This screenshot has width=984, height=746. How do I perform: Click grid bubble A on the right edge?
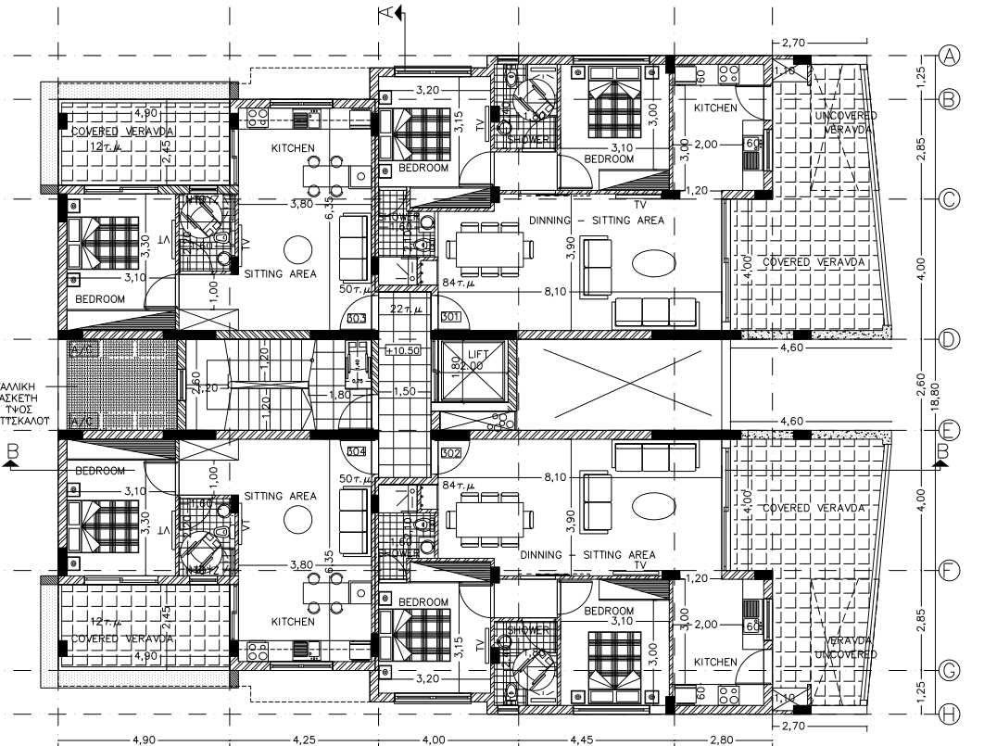click(x=950, y=56)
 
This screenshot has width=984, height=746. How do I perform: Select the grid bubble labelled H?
click(x=950, y=712)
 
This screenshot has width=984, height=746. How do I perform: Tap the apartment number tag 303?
click(x=356, y=319)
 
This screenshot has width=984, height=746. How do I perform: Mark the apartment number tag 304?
click(x=356, y=452)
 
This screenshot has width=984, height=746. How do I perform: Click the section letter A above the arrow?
click(x=387, y=12)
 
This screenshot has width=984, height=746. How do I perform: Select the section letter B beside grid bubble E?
click(x=943, y=451)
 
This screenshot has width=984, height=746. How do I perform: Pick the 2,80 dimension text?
click(x=721, y=740)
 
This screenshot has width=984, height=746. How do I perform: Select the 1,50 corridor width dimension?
click(x=404, y=392)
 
